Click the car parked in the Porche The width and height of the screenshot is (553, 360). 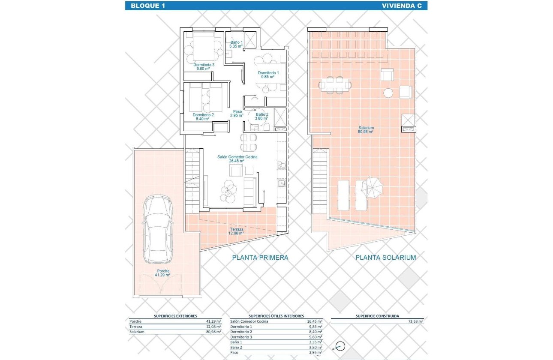click(157, 229)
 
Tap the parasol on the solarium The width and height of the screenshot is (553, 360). click(372, 188)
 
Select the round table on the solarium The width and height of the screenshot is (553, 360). click(388, 93)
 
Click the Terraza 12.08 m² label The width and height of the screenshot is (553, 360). click(236, 231)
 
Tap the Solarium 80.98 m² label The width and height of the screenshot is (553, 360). click(366, 130)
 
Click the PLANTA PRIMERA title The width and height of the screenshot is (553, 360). click(260, 258)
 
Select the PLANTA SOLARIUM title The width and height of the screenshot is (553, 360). click(386, 258)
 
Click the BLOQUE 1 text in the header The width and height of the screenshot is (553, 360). click(148, 6)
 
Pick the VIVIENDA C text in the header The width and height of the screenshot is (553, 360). click(402, 6)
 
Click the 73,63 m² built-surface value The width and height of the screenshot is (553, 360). click(416, 321)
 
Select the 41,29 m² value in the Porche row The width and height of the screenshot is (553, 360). click(213, 321)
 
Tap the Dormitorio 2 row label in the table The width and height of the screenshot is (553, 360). click(241, 332)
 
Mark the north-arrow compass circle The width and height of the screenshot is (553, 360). click(340, 346)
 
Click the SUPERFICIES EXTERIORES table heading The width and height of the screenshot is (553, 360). click(175, 316)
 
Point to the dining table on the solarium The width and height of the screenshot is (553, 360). click(335, 85)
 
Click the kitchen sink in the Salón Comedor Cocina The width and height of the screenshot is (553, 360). click(282, 183)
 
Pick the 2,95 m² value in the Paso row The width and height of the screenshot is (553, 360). click(316, 352)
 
